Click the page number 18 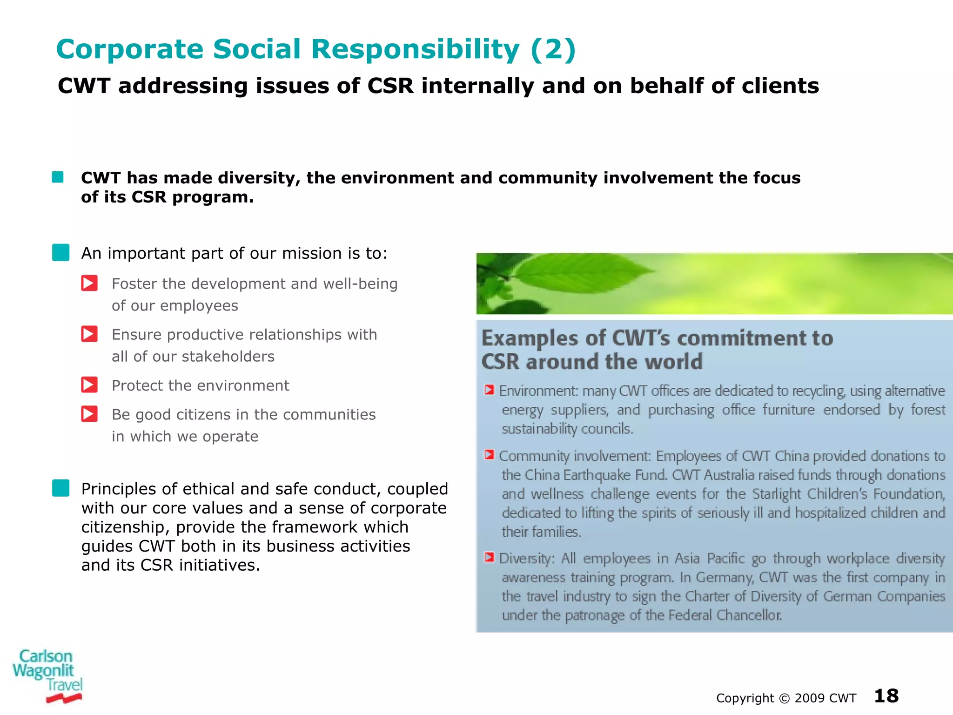tap(886, 696)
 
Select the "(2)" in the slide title tap(553, 49)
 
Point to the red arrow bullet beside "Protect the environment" tap(89, 385)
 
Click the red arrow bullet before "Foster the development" tap(89, 283)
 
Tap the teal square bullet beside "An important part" tap(61, 252)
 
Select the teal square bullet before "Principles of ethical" tap(61, 488)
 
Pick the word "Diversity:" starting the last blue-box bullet tap(527, 558)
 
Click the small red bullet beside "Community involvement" tap(489, 455)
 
